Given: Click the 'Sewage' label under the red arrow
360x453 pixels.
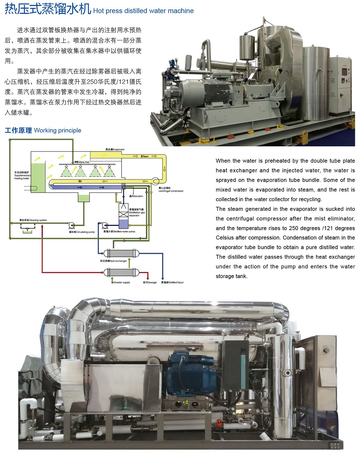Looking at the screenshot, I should click(150, 283).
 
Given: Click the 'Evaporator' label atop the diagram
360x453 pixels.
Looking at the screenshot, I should click(115, 149).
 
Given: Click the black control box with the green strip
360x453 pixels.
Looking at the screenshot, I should click(235, 363).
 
